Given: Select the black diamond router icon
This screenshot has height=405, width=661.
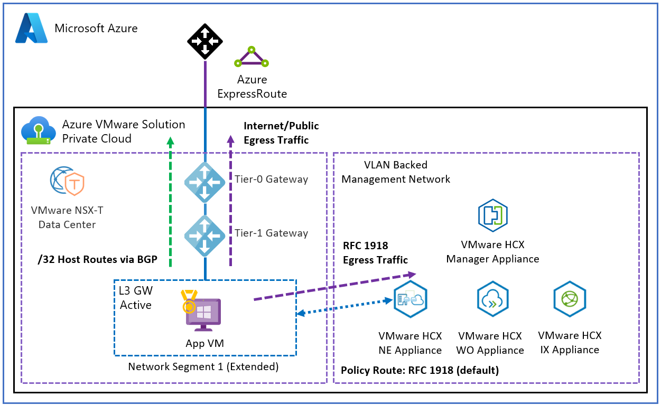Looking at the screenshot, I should coord(205,41).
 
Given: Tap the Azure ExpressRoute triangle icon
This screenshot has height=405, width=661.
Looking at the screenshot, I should coord(252,58).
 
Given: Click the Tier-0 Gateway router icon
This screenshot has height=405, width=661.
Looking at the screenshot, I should coord(205,182).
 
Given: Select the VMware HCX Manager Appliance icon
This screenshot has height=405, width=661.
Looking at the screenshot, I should coord(492,215).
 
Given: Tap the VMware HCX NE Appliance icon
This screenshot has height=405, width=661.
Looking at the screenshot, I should coord(410,299).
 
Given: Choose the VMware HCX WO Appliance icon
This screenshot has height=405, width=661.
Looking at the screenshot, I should coord(492,299).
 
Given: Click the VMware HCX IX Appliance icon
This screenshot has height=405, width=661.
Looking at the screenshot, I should coord(570,299).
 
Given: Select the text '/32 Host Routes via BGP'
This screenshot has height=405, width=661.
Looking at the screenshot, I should coord(98,259).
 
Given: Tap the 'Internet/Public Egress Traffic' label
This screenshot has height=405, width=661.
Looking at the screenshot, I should coord(281,133).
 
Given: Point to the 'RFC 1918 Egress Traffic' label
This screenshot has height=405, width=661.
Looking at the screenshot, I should coord(375,252).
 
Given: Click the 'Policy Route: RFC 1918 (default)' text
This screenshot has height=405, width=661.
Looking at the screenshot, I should coord(420,370).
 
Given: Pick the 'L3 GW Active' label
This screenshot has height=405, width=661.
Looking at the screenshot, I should coord(136,298).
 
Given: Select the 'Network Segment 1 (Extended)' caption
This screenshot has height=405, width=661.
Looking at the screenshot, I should coord(203,366).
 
